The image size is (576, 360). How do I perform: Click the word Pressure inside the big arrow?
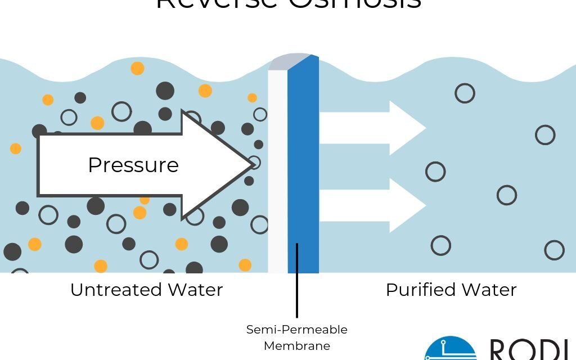point(133,165)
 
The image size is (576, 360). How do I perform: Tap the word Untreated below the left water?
point(115,290)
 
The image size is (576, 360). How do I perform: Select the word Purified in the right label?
point(420,290)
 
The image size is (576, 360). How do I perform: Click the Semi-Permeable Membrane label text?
point(296,337)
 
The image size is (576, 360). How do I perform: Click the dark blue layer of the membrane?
point(303,169)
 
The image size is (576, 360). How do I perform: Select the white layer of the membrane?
point(278,169)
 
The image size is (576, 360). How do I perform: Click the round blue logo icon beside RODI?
point(450,350)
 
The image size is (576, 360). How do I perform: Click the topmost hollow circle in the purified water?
point(465,93)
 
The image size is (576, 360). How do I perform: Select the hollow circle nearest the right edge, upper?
point(545,135)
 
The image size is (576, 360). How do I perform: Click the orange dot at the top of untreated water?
point(137,69)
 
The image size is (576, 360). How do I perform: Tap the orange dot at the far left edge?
point(16,148)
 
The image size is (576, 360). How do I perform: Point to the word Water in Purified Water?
point(488,290)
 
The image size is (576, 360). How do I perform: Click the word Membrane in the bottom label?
point(296,345)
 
